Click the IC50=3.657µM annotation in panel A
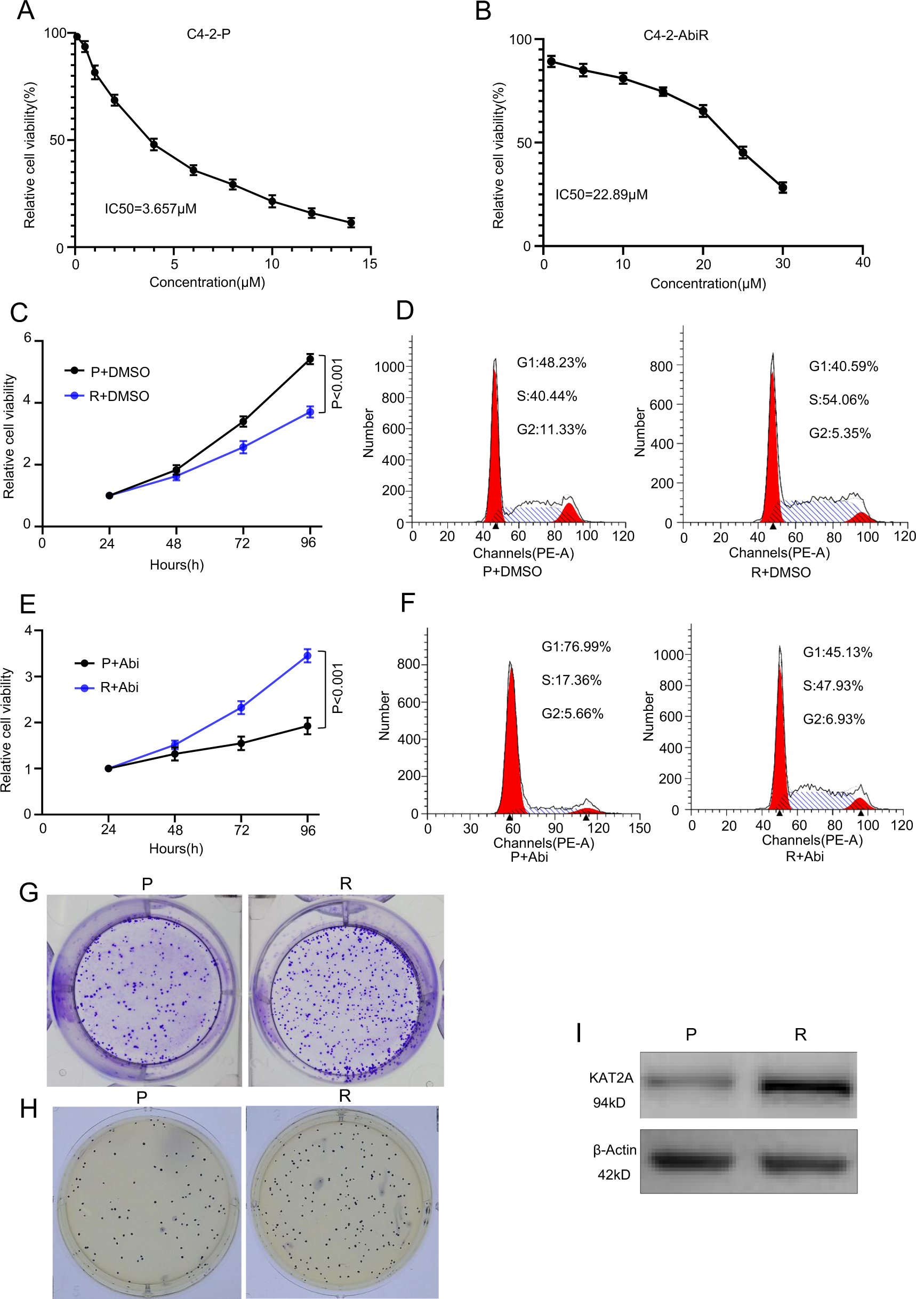pyautogui.click(x=150, y=209)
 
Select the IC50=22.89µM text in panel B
pyautogui.click(x=601, y=195)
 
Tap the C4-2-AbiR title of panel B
pyautogui.click(x=676, y=35)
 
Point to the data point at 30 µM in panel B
pyautogui.click(x=783, y=187)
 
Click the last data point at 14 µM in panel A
pyautogui.click(x=351, y=222)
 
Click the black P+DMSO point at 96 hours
pyautogui.click(x=309, y=359)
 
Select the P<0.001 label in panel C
pyautogui.click(x=337, y=383)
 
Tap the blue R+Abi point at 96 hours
pyautogui.click(x=307, y=656)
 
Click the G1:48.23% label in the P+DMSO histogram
pyautogui.click(x=551, y=363)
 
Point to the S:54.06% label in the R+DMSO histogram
pyautogui.click(x=839, y=400)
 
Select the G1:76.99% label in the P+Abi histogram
pyautogui.click(x=576, y=647)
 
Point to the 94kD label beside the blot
pyautogui.click(x=609, y=1103)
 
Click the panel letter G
pyautogui.click(x=28, y=893)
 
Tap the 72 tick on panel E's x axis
pyautogui.click(x=242, y=830)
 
